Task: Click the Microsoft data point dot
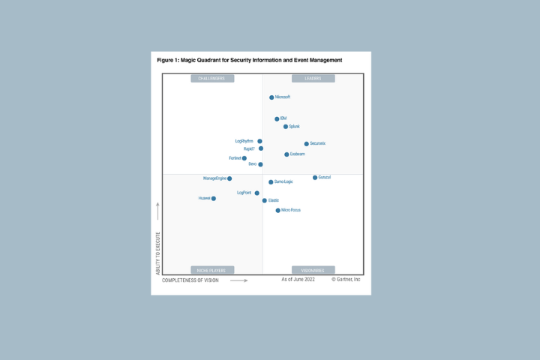271,97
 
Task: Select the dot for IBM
277,119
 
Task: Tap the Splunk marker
286,127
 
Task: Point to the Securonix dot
307,144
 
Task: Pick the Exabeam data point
286,154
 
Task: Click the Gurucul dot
315,178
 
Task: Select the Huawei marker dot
214,199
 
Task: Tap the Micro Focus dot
278,211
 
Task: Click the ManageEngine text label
214,178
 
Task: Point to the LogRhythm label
244,141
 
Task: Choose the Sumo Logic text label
283,181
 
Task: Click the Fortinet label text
235,158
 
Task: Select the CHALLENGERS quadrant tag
212,79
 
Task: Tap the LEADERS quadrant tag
313,79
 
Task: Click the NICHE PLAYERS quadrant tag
212,270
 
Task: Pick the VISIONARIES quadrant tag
313,270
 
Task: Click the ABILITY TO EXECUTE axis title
158,253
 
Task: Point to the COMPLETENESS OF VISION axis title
190,280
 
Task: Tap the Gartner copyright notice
346,280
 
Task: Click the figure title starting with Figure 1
249,60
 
